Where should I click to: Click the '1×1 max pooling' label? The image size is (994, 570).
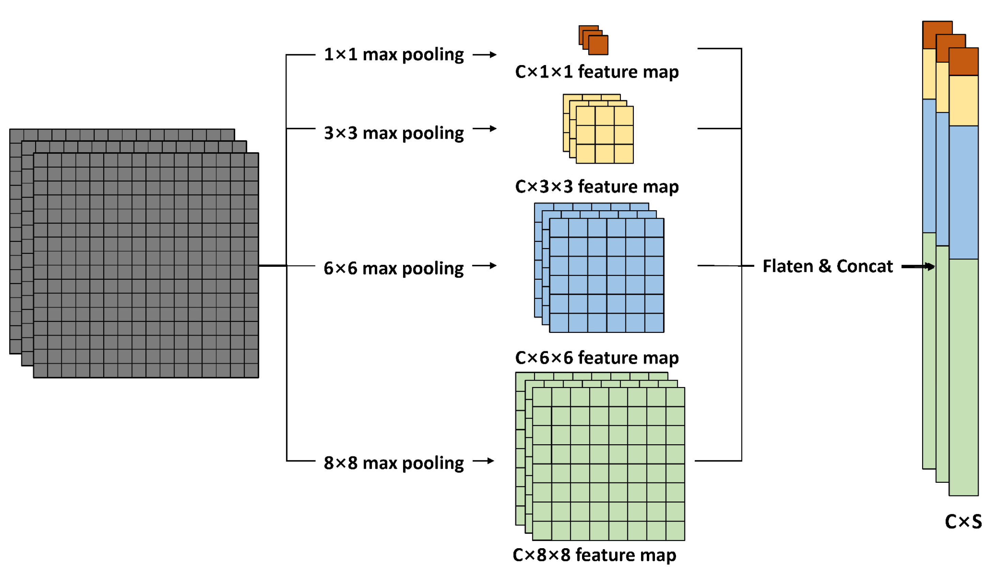pyautogui.click(x=394, y=55)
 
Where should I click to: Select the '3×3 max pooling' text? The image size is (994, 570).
pyautogui.click(x=394, y=133)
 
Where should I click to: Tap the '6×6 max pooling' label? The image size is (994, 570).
pyautogui.click(x=394, y=268)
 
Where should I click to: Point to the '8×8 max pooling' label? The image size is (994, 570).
pyautogui.click(x=394, y=463)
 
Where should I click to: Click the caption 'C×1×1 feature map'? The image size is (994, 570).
pyautogui.click(x=597, y=72)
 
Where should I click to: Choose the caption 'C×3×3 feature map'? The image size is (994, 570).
pyautogui.click(x=597, y=187)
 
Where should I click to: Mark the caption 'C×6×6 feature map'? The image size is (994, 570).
pyautogui.click(x=597, y=358)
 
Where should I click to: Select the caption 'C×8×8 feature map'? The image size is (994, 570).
pyautogui.click(x=594, y=555)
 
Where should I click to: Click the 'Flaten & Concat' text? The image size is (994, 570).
pyautogui.click(x=828, y=266)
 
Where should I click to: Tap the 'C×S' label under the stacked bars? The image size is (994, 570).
pyautogui.click(x=963, y=522)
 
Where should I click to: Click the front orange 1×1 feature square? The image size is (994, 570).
pyautogui.click(x=598, y=45)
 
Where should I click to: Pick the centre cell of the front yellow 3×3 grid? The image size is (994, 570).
pyautogui.click(x=605, y=135)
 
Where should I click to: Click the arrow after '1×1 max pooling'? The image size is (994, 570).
pyautogui.click(x=485, y=55)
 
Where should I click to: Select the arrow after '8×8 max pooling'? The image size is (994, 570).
pyautogui.click(x=484, y=461)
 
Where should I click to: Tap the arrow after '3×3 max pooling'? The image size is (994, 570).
pyautogui.click(x=485, y=128)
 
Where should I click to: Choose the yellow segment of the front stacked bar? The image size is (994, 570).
pyautogui.click(x=963, y=101)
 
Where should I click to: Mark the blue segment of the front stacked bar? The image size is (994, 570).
pyautogui.click(x=963, y=192)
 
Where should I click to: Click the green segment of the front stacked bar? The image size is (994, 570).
pyautogui.click(x=963, y=377)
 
